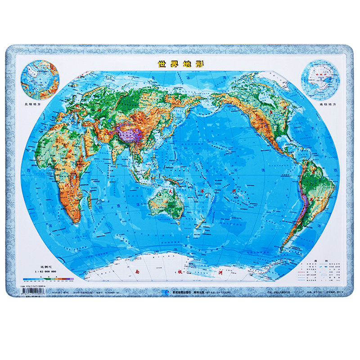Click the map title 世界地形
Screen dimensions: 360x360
point(180,63)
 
